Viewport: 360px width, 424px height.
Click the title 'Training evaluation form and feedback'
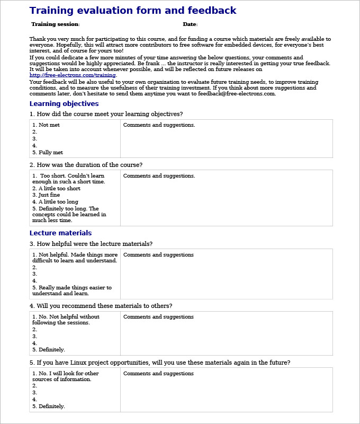pos(132,11)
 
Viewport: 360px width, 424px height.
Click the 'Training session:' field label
pos(56,24)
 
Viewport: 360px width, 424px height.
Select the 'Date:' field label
pos(190,24)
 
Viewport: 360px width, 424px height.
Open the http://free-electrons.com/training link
pos(73,75)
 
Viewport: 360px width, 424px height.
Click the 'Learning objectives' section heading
pos(64,104)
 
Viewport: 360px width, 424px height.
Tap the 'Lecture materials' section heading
pos(60,233)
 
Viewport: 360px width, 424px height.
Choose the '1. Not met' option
pos(46,125)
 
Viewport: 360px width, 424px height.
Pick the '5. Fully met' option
pos(48,153)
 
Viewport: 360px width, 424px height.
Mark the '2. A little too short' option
pos(56,189)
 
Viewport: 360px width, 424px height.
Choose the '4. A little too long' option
pos(55,202)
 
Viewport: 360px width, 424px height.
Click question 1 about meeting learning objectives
pos(106,114)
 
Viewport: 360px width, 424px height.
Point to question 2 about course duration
pos(86,165)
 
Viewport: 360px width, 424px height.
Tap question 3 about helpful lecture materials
pos(91,244)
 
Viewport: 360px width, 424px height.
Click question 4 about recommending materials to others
pos(101,306)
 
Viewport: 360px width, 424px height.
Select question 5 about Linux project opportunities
pos(160,363)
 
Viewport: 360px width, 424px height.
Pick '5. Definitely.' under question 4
pos(49,350)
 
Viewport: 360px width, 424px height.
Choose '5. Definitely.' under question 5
pos(49,407)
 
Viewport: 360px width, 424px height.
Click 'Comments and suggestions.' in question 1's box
pos(159,125)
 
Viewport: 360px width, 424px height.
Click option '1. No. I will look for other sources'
pos(65,376)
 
